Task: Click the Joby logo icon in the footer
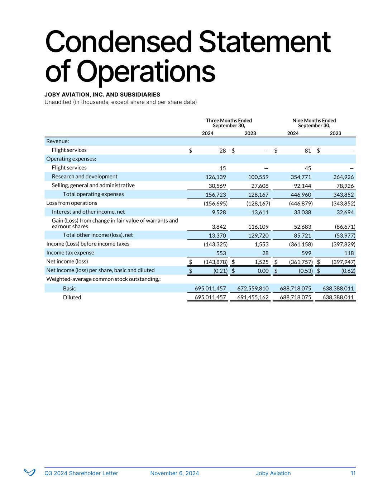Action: point(30,472)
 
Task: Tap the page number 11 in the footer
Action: point(353,473)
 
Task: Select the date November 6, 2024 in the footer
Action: point(174,473)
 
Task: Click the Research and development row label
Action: point(85,177)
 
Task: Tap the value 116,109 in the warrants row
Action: point(258,227)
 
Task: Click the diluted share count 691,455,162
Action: point(253,297)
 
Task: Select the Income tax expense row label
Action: point(70,253)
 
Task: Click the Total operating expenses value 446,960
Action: point(300,195)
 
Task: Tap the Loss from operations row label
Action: point(72,203)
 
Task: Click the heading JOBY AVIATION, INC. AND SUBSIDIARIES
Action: point(102,95)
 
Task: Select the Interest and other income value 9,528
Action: point(219,212)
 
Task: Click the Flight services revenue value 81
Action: point(308,151)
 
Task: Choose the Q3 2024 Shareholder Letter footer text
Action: point(81,473)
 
